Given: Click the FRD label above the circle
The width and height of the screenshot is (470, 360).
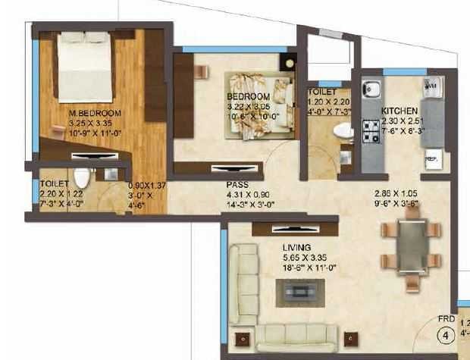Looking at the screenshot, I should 446,318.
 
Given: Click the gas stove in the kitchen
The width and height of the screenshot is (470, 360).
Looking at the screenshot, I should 371,133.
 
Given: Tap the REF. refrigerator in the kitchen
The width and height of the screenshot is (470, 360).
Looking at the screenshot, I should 432,159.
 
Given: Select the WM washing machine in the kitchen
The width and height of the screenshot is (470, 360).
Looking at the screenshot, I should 431,86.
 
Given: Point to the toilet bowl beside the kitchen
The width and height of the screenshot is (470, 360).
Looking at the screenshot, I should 343,132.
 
